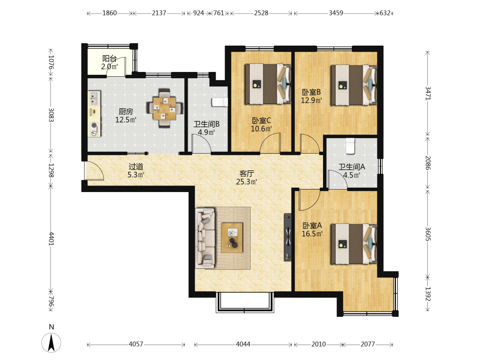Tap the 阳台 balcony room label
[x=109, y=59]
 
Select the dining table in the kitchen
[x=165, y=108]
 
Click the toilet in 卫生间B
[x=219, y=102]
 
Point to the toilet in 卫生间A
[x=350, y=146]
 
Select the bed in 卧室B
[x=354, y=85]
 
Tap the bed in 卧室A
[x=354, y=244]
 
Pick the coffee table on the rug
[x=232, y=238]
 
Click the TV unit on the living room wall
[x=288, y=237]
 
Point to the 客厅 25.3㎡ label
[x=246, y=178]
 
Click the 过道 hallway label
[x=136, y=167]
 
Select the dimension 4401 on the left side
[x=51, y=238]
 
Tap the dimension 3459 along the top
[x=336, y=13]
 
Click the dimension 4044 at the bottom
[x=243, y=344]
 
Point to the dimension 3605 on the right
[x=428, y=234]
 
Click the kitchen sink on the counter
[x=94, y=98]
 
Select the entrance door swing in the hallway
[x=94, y=170]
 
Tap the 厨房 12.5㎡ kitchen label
[x=126, y=116]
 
